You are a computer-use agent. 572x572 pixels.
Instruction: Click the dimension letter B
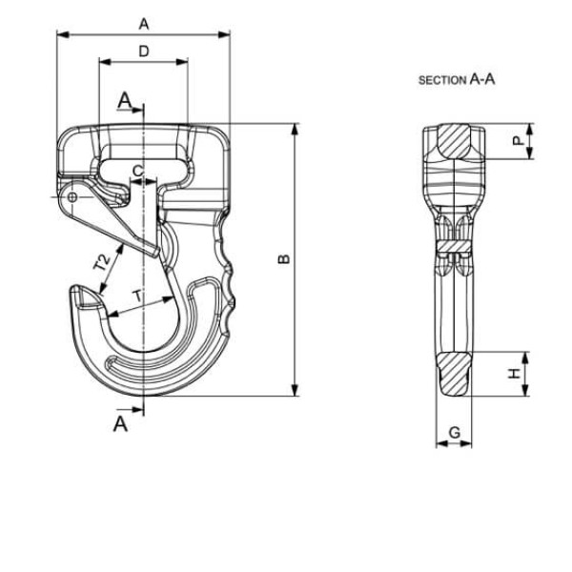[284, 258]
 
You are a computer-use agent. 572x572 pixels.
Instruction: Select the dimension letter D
[144, 51]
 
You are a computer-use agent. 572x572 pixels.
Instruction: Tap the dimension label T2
[102, 262]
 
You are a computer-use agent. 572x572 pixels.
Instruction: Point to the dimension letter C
[138, 171]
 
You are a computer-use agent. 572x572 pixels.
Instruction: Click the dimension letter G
[455, 433]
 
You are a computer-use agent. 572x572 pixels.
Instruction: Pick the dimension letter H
[515, 374]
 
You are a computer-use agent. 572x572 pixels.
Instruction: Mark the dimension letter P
[518, 140]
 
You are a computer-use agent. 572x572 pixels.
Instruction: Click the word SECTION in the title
[441, 80]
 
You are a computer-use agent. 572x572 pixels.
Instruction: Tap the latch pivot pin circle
[72, 197]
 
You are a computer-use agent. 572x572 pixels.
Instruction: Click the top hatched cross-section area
[454, 141]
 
